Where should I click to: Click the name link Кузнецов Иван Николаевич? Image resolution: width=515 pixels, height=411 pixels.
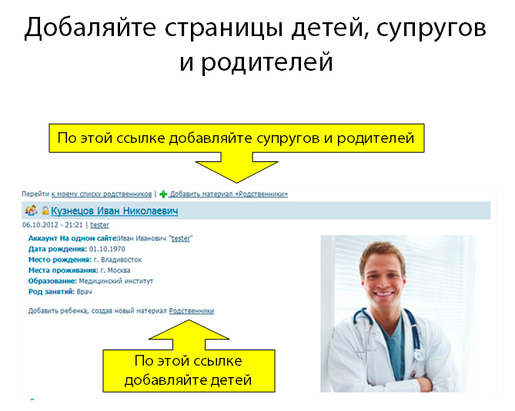point(114,210)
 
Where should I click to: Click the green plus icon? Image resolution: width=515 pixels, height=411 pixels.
point(163,194)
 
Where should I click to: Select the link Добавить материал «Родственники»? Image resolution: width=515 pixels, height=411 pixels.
point(229,194)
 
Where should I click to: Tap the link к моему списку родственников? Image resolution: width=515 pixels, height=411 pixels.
point(102,194)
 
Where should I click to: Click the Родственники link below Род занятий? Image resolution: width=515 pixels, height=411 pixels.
point(192,310)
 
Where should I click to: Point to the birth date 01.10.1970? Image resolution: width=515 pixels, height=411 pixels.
point(107,249)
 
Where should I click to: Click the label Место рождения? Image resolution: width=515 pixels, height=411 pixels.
point(60,260)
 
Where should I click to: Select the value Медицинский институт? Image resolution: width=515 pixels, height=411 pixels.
point(116,281)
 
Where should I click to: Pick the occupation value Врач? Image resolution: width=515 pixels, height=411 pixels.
point(84,292)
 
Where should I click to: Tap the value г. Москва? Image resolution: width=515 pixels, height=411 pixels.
point(115,270)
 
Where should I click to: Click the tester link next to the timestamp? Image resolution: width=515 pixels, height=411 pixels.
point(99,225)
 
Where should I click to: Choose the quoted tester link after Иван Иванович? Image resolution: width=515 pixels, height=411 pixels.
point(181,239)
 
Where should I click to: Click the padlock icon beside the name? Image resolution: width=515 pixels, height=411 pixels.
point(45,210)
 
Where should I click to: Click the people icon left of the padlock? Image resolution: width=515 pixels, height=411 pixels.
point(32,210)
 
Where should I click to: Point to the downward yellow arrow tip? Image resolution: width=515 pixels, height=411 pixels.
point(236,182)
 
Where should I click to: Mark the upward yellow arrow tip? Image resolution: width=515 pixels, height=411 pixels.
point(189,321)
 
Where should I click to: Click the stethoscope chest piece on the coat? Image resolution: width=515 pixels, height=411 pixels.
point(418,355)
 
